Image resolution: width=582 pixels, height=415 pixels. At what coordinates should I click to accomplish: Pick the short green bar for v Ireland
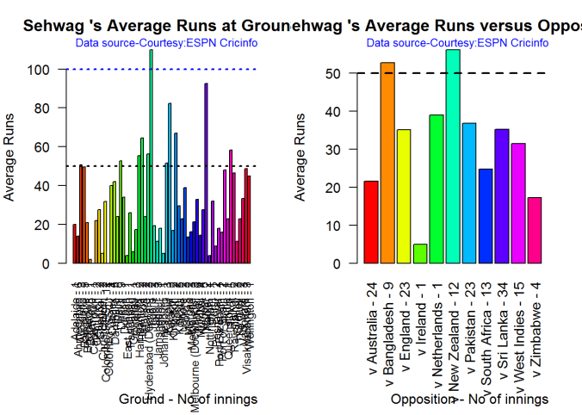420,254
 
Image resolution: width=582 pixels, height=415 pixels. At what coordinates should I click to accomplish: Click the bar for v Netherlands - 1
436,189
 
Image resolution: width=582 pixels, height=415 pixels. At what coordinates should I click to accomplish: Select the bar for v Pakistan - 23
469,193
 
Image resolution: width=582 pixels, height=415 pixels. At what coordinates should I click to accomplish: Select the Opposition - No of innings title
469,400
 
